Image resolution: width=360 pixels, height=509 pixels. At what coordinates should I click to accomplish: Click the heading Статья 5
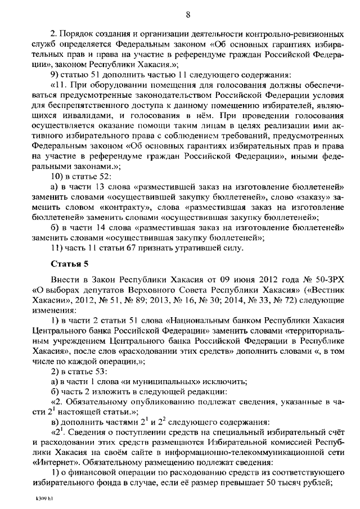point(69,263)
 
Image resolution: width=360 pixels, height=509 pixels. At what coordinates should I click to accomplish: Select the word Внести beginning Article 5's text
point(65,280)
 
